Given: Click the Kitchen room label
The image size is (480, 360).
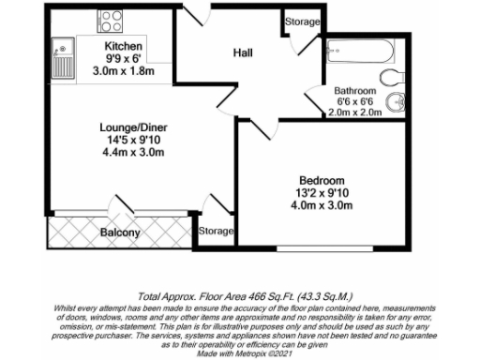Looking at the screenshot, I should coord(123,45).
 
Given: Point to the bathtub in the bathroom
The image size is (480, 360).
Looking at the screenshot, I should coord(363,50).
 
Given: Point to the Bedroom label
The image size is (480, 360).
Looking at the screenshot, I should coord(322,180).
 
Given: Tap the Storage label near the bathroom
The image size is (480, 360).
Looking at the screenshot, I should coord(302,22).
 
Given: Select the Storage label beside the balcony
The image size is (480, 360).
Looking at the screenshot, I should coord(216,231).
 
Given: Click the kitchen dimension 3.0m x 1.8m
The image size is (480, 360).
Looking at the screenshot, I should coord(123,69).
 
